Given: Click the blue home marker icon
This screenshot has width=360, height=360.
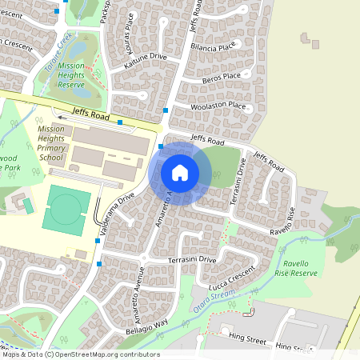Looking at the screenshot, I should [180, 173].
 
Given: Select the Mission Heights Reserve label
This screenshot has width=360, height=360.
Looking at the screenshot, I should [71, 74].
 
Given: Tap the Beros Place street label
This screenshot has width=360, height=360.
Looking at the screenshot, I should [221, 76].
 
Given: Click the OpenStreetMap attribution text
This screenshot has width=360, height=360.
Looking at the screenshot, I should [80, 354].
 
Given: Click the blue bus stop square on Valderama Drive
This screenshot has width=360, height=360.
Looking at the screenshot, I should [99, 263].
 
